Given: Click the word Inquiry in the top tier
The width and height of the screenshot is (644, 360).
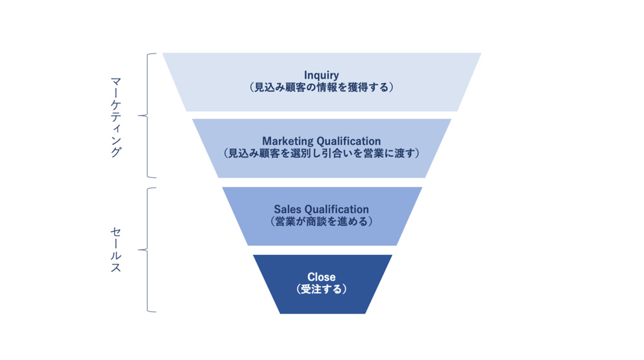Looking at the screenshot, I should click(321, 75).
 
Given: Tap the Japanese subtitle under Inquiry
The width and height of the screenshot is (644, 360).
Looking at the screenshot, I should click(321, 88).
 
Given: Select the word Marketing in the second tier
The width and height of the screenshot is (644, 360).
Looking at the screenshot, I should click(287, 141).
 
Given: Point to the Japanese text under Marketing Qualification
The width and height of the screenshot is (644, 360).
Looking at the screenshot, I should click(321, 153).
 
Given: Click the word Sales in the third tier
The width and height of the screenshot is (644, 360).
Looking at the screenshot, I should click(287, 209).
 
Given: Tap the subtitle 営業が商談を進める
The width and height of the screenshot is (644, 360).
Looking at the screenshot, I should click(321, 221).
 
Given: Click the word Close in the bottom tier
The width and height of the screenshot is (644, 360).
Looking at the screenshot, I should click(321, 278).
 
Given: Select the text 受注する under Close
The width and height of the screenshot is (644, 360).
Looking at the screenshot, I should click(321, 289).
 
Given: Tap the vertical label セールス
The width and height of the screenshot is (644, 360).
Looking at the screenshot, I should click(115, 250).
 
